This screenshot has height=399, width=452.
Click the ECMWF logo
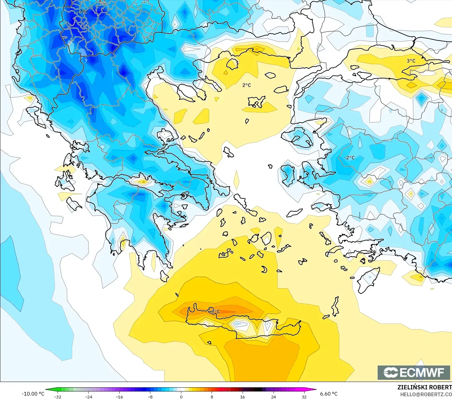[414, 372]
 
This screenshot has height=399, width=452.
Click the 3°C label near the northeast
[411, 61]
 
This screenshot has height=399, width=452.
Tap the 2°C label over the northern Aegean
[247, 85]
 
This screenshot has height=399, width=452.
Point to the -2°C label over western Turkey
[349, 157]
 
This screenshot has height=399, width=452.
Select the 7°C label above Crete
[216, 311]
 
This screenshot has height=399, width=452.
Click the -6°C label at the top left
[82, 12]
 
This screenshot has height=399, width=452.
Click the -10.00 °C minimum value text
[33, 394]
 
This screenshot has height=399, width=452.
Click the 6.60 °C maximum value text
[329, 394]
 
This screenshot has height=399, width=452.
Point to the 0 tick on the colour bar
[181, 397]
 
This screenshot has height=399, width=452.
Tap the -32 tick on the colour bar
[58, 397]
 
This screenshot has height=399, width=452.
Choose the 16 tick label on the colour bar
[242, 397]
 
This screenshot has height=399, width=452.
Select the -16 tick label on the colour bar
[119, 397]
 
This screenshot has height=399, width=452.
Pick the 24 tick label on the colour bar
[273, 397]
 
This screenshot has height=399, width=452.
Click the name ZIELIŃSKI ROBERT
[424, 387]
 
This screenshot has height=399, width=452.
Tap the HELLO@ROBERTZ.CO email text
[426, 394]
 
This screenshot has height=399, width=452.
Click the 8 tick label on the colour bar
[212, 397]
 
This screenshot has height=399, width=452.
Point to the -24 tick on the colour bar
[89, 397]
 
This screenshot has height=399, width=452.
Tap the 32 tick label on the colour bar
[304, 397]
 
